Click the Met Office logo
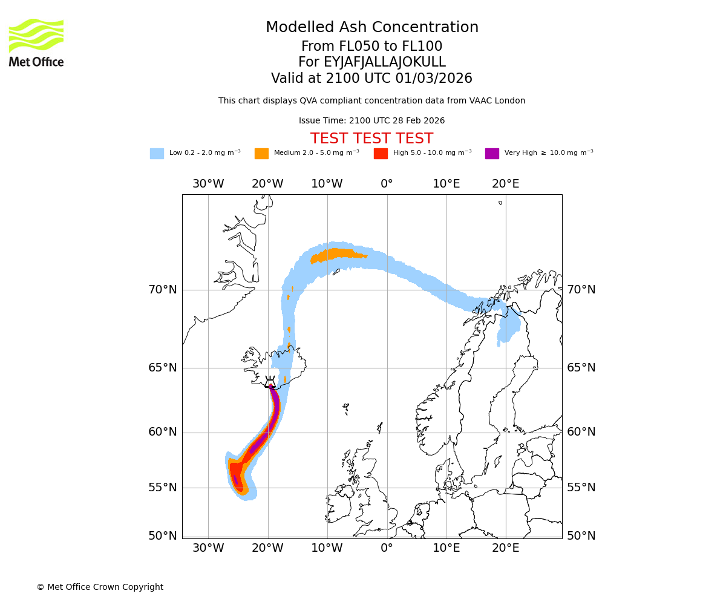[x=36, y=43]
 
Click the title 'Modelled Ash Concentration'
[x=371, y=28]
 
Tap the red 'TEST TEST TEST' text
[x=371, y=139]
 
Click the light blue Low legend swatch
[x=157, y=154]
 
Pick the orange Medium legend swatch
[x=261, y=154]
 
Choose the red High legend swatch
[x=381, y=154]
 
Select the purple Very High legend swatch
[x=492, y=154]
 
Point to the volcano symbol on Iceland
[x=270, y=382]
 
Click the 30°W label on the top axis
[x=208, y=184]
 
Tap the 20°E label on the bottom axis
[x=505, y=548]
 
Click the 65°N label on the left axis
[x=163, y=368]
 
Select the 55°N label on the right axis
[x=581, y=488]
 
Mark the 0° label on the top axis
[x=387, y=184]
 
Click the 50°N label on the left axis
[x=163, y=536]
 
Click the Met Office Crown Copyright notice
[x=100, y=587]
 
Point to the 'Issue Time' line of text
[x=371, y=121]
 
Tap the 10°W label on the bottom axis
[x=327, y=548]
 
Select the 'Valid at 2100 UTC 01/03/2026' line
[x=371, y=79]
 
